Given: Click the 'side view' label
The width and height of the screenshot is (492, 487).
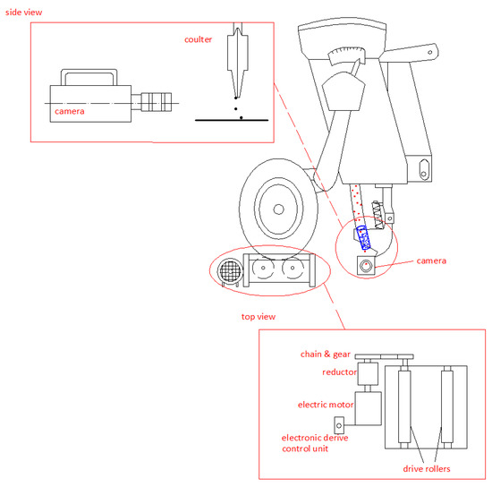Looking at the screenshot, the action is tap(23, 13).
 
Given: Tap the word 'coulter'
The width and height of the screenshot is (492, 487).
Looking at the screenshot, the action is tap(198, 39).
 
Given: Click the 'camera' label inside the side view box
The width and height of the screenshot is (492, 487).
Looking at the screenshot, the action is tap(70, 111).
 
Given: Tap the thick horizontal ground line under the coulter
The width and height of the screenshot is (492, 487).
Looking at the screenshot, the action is tap(232, 120).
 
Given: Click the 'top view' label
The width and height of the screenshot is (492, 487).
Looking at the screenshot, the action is tap(259, 317).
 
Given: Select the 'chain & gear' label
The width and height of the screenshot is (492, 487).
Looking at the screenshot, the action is tap(325, 355).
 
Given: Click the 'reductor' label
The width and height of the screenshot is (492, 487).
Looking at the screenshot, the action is tap(339, 372).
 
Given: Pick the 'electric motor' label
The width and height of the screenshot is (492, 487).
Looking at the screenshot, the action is tap(326, 405).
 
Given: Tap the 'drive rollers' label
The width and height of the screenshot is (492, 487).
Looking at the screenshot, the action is tap(427, 469).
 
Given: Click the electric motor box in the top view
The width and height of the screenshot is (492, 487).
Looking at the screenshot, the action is tap(368, 408).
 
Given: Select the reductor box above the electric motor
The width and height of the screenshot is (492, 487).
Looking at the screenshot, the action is tap(368, 374).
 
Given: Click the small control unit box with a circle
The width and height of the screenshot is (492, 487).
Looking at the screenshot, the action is tap(339, 425).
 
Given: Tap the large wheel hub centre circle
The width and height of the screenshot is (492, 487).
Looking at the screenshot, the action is tap(278, 209).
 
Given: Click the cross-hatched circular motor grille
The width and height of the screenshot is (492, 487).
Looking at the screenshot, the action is tap(230, 271).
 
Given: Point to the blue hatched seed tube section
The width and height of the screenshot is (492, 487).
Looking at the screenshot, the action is tap(364, 238).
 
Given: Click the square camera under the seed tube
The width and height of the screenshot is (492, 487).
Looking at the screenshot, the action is tap(366, 266).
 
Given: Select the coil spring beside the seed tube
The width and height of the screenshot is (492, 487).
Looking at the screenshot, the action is tap(377, 215).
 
